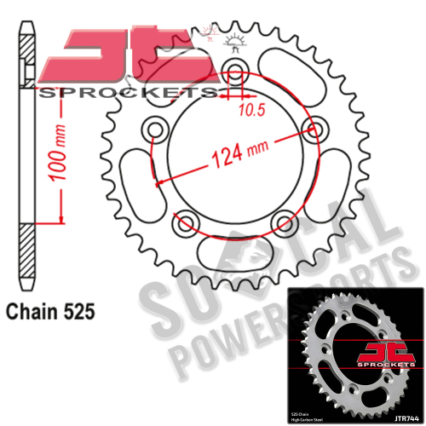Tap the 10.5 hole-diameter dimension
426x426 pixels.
click(249, 111)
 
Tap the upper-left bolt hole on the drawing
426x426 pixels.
click(156, 130)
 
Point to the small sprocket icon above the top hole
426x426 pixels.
click(236, 38)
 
